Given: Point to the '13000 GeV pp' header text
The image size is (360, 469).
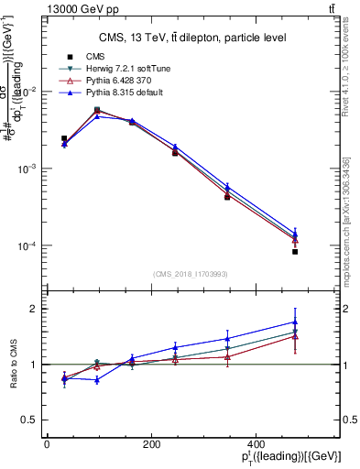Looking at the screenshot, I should [75, 8].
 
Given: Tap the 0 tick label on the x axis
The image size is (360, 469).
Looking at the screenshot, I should [47, 445].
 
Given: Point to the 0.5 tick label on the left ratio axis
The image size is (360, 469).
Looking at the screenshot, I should [29, 420].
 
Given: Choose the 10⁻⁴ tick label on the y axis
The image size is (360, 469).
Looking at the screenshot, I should [27, 246].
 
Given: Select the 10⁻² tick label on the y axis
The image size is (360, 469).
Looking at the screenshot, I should [27, 92].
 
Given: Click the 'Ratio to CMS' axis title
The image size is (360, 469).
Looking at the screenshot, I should [13, 365].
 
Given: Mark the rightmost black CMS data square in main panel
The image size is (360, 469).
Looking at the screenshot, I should [295, 251].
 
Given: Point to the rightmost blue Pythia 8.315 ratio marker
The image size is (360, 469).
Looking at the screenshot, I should [295, 322].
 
